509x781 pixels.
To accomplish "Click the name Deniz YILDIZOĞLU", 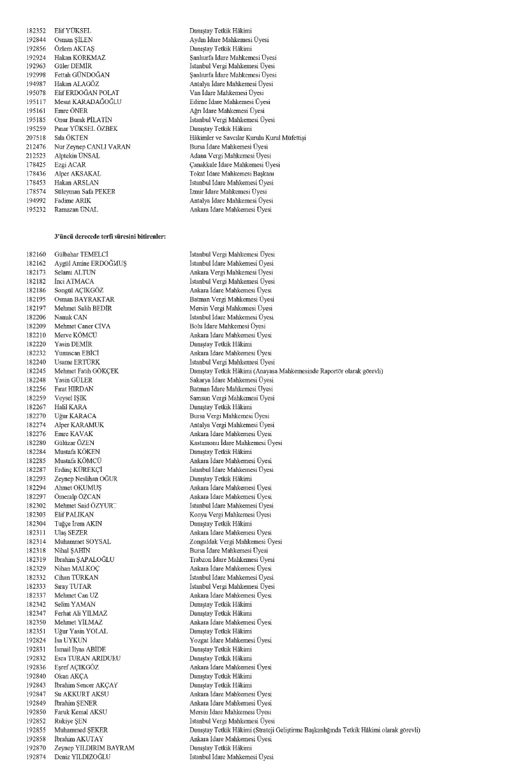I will pyautogui.click(x=83, y=757).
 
